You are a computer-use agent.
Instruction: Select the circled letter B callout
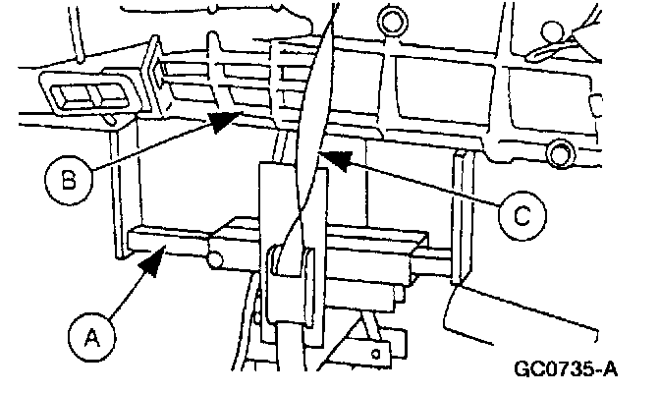click(x=66, y=180)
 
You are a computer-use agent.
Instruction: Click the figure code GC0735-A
click(x=565, y=371)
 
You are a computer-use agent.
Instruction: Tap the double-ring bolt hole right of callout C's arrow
click(x=561, y=152)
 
